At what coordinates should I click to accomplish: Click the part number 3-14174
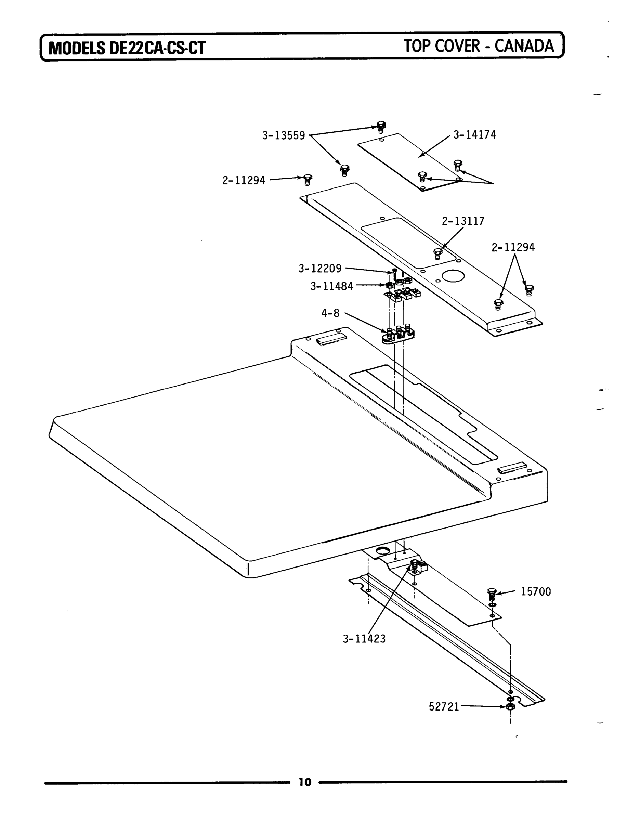tap(474, 135)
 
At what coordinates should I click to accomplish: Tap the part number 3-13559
tap(283, 135)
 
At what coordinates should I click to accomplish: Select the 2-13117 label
tap(463, 221)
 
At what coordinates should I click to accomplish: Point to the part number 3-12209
tap(320, 268)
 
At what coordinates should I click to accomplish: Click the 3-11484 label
tap(331, 286)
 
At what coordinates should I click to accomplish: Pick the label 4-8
tap(330, 313)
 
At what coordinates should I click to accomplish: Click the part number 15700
tap(536, 592)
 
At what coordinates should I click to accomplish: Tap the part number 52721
tap(444, 707)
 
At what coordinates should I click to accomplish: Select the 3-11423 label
tap(364, 639)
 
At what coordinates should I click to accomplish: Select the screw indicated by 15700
tap(492, 593)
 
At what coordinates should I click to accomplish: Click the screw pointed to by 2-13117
tap(438, 253)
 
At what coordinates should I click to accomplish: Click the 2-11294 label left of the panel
tap(244, 181)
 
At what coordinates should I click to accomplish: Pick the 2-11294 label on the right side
tap(513, 247)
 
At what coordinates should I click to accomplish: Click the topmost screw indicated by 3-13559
tap(381, 127)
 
